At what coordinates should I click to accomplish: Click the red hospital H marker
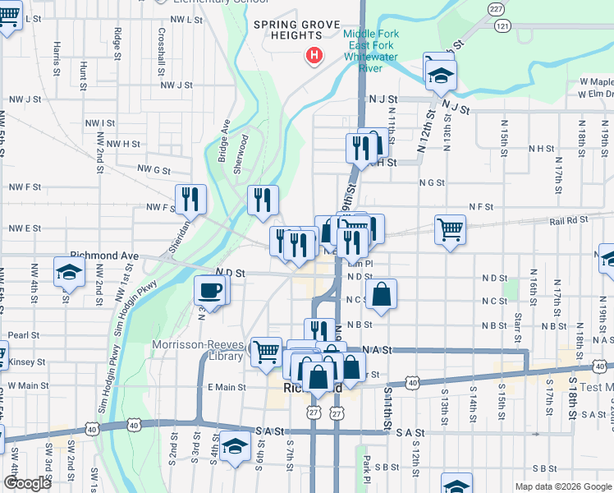point(314,57)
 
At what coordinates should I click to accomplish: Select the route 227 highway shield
point(495,9)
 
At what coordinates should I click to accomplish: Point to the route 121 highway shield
point(502,26)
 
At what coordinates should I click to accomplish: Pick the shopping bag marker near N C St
point(383,294)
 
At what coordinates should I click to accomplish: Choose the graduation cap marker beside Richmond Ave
point(68,273)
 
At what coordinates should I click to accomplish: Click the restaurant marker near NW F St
point(190,199)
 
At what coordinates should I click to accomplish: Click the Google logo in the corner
point(27,483)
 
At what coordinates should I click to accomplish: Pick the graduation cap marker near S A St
point(235,445)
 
